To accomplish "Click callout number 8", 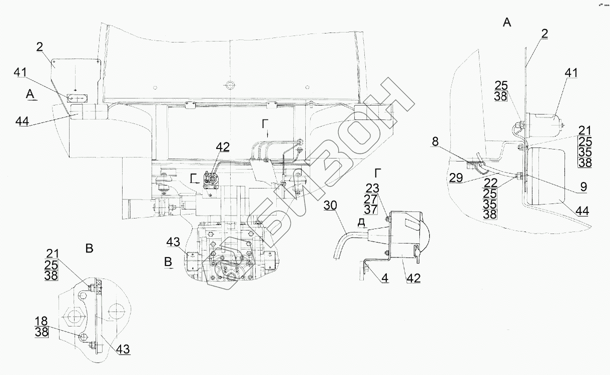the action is [435, 141].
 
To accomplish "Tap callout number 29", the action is [456, 177].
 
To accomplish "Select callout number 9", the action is [583, 187].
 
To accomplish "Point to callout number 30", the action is [330, 205].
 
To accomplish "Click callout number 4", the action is [385, 278].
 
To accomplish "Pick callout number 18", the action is [41, 321].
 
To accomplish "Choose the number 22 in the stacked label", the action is [490, 183].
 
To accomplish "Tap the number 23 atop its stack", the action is [372, 188].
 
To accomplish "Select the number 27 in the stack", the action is [371, 199].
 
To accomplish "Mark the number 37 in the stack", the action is [371, 209].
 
